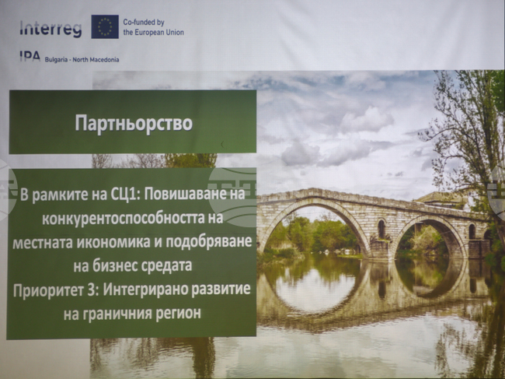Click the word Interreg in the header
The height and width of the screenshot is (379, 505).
tap(50, 29)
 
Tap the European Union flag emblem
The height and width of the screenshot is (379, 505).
tap(105, 26)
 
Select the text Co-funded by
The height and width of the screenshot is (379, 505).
tap(144, 23)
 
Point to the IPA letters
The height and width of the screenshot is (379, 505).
tap(30, 57)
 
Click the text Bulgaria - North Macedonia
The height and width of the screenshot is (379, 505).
tap(82, 60)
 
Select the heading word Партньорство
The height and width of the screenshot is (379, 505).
tap(134, 123)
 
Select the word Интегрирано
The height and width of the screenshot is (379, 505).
tap(145, 290)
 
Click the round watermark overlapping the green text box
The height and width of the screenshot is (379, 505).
tap(232, 197)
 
